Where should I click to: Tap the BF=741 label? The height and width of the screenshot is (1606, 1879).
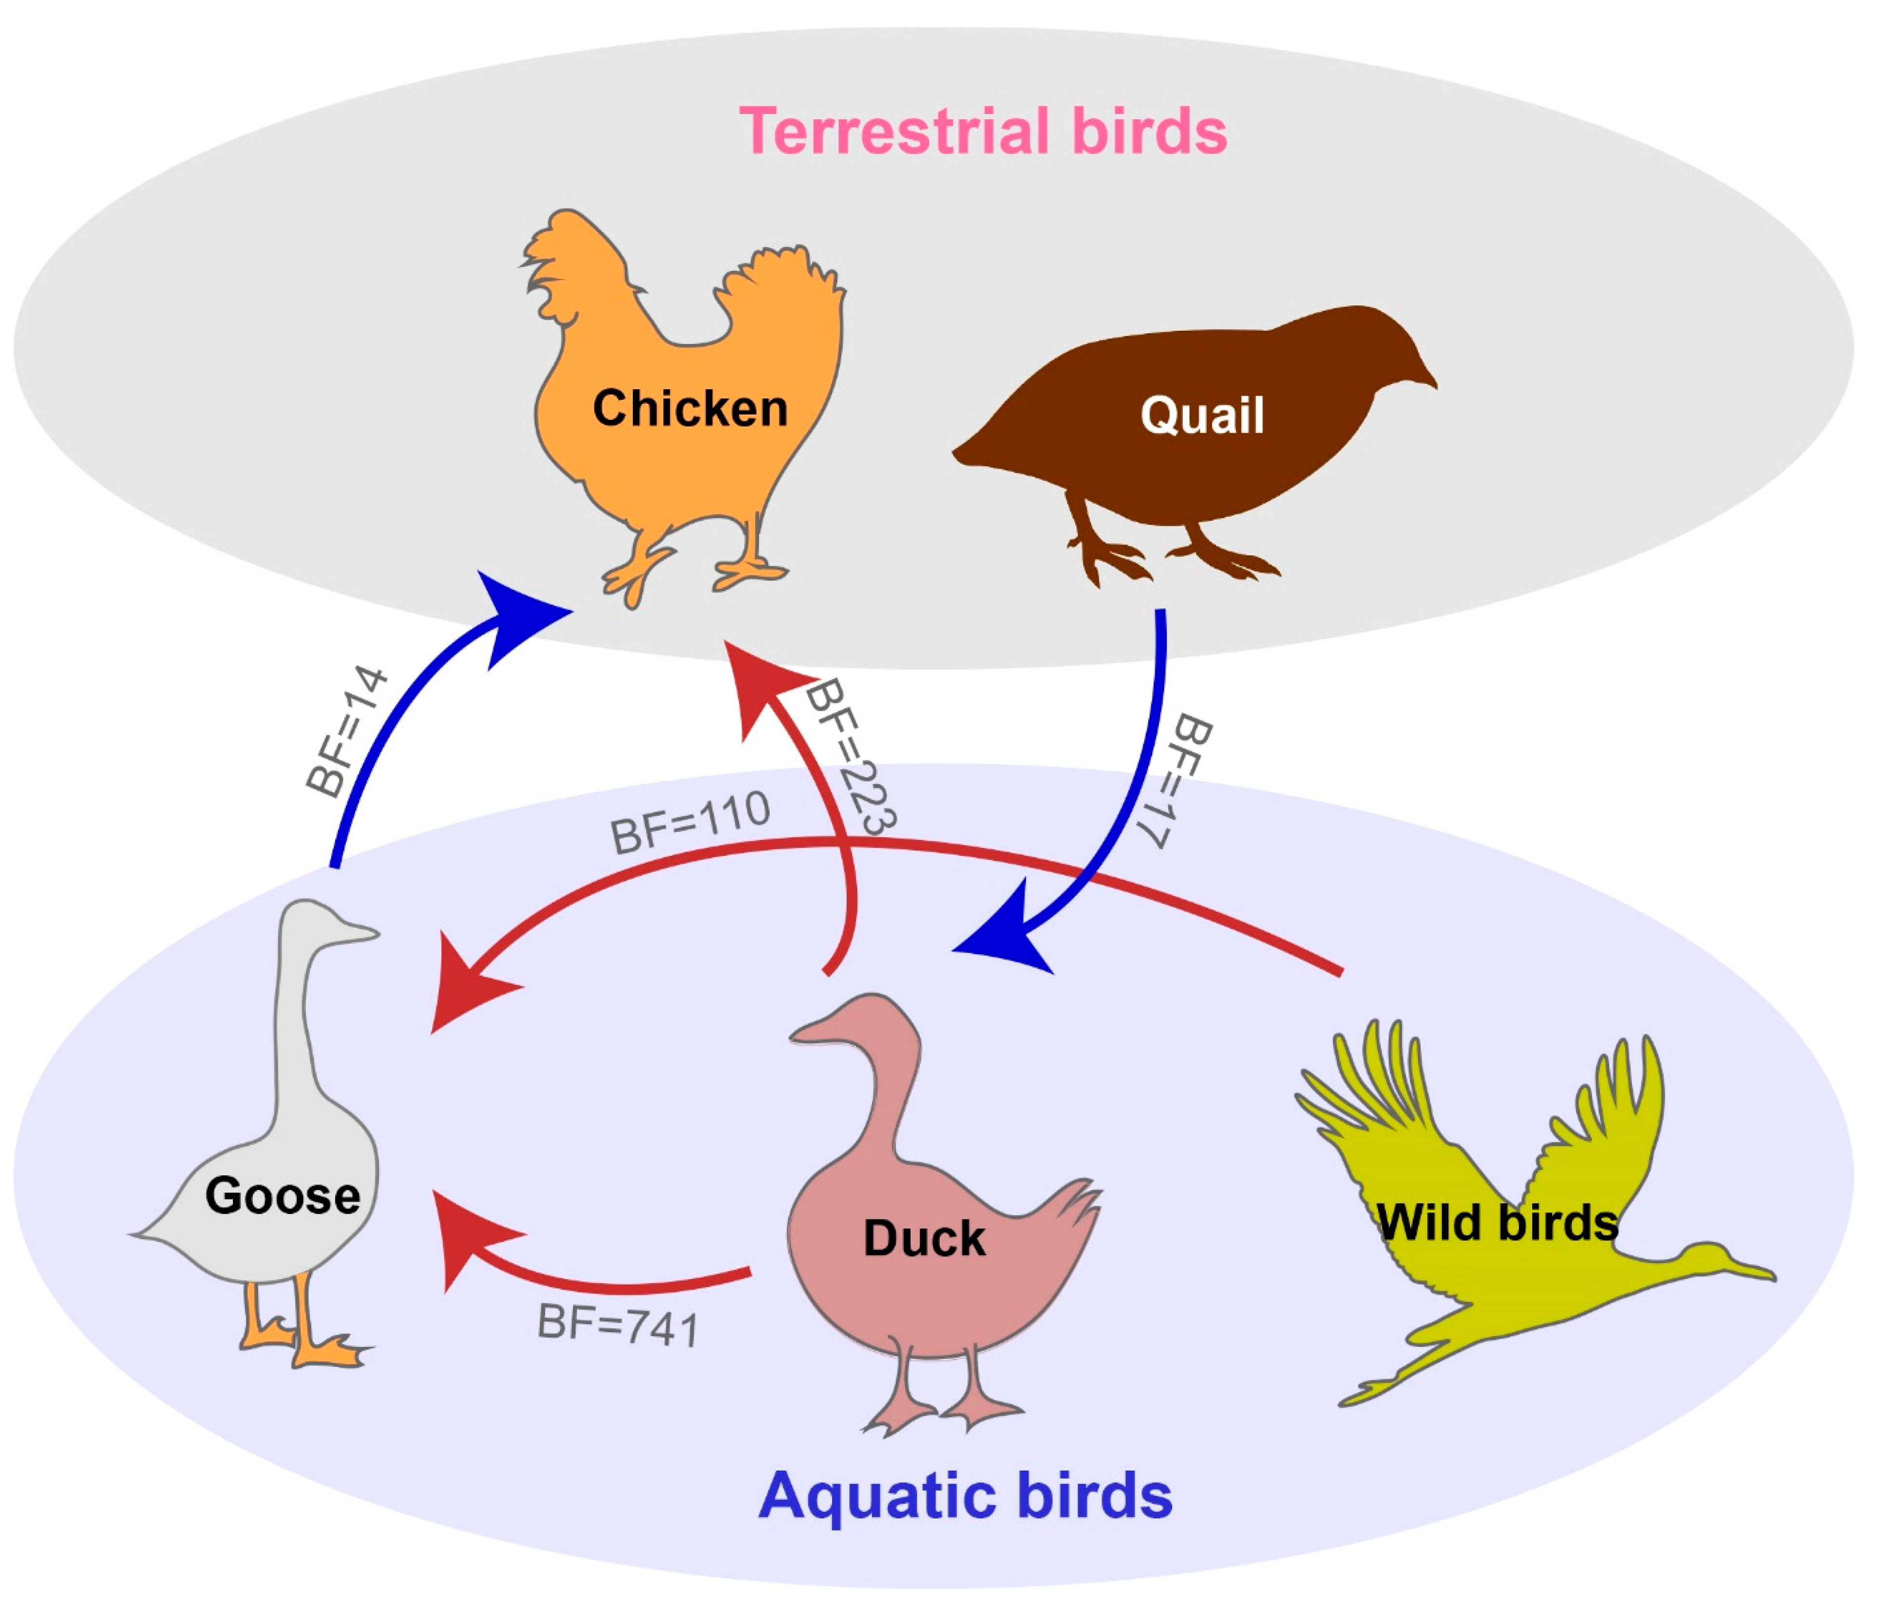pyautogui.click(x=619, y=1326)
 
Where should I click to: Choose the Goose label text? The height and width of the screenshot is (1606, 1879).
pyautogui.click(x=283, y=1195)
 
